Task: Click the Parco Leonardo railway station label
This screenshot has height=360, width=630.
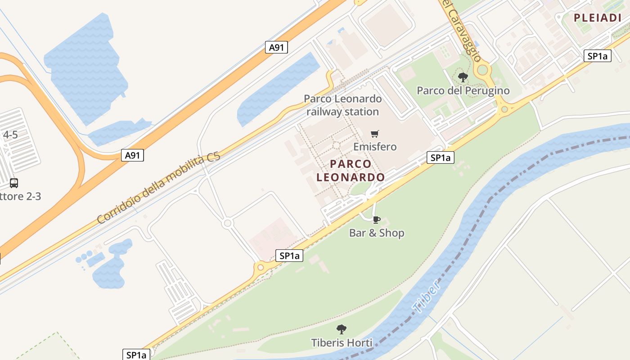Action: pyautogui.click(x=342, y=105)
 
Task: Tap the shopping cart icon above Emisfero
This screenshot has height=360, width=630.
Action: pyautogui.click(x=374, y=134)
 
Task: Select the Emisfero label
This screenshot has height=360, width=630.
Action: pyautogui.click(x=375, y=147)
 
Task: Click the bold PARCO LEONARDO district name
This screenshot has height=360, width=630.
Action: pyautogui.click(x=351, y=171)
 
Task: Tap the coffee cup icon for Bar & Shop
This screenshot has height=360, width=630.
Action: pyautogui.click(x=376, y=220)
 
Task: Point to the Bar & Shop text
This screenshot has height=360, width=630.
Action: pyautogui.click(x=377, y=233)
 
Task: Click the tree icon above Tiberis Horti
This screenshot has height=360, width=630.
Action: pyautogui.click(x=342, y=329)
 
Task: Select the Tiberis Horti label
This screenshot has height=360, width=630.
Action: pyautogui.click(x=342, y=343)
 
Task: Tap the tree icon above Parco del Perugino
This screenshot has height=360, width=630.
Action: pyautogui.click(x=463, y=77)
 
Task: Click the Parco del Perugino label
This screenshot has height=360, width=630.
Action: pyautogui.click(x=463, y=90)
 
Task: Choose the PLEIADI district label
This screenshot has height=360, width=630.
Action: pyautogui.click(x=597, y=18)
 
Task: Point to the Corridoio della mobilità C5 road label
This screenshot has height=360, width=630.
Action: pyautogui.click(x=158, y=189)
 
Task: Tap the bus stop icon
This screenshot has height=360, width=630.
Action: pyautogui.click(x=14, y=183)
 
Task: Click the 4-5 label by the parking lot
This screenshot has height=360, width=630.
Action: pyautogui.click(x=10, y=135)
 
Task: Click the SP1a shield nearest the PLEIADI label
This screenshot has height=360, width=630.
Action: pyautogui.click(x=597, y=56)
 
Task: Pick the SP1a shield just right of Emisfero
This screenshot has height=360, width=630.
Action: pyautogui.click(x=440, y=157)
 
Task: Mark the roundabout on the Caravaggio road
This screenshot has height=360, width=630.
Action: pyautogui.click(x=483, y=70)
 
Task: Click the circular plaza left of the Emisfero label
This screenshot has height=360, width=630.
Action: pyautogui.click(x=336, y=145)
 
